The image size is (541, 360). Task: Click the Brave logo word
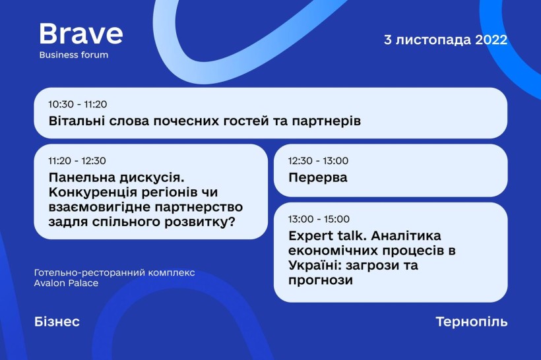click(x=81, y=34)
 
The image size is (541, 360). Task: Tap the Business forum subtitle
click(x=74, y=55)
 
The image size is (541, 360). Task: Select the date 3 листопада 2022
click(x=445, y=40)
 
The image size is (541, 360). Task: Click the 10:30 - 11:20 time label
click(x=78, y=104)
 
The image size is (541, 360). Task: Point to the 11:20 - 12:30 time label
click(x=77, y=161)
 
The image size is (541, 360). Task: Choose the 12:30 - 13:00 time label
click(x=319, y=161)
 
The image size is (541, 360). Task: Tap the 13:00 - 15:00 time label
click(x=319, y=219)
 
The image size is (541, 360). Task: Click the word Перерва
click(x=318, y=177)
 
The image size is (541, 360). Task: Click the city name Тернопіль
click(x=472, y=322)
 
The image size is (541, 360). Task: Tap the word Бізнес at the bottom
click(x=57, y=322)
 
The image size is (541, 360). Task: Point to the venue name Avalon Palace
click(x=66, y=283)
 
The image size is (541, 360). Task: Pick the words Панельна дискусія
click(x=117, y=178)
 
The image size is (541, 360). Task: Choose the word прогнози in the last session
click(x=321, y=280)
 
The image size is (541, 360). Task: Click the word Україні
click(x=314, y=265)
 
